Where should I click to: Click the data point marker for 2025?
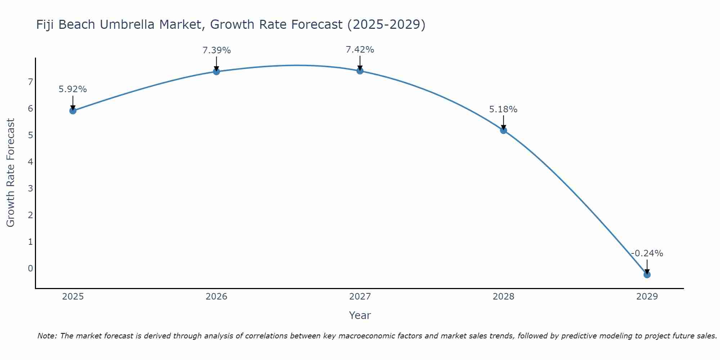coord(73,111)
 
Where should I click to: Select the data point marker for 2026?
coord(216,72)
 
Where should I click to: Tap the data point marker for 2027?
coord(360,71)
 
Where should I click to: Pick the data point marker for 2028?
coord(503,130)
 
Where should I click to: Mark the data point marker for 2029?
coord(647,275)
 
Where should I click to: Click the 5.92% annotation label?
coord(73,89)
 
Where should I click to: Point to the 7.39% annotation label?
coord(216,50)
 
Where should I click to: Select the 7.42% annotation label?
coord(360,49)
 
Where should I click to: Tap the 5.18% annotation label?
coord(503,109)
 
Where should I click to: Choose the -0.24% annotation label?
coord(647,253)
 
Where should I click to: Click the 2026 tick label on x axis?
coord(216,297)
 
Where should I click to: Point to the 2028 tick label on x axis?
coord(503,297)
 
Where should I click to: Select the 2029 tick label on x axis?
coord(647,297)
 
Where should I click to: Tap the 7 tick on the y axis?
coord(30,82)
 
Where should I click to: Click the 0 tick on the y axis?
coord(30,268)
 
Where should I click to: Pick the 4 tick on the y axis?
coord(30,162)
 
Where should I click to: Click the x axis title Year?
coord(360,315)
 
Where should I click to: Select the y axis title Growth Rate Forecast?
coord(10,173)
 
